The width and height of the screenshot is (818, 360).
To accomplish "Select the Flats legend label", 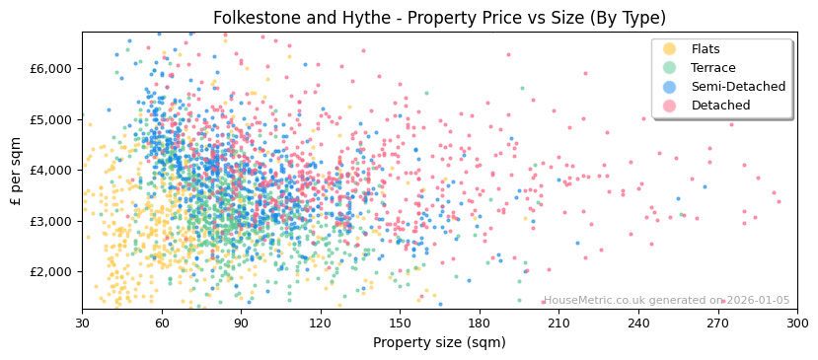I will (x=706, y=49).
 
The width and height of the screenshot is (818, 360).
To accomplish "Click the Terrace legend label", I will (x=712, y=68).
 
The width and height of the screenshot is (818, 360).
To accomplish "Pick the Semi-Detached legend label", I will (x=738, y=87).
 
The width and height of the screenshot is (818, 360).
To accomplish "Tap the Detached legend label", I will (x=720, y=106).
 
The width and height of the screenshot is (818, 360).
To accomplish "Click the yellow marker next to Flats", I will (x=670, y=49).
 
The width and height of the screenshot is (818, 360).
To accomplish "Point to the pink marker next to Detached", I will (x=670, y=106).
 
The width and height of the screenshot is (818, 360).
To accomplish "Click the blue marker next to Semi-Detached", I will (x=670, y=87).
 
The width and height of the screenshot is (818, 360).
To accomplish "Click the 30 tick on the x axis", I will (x=82, y=323).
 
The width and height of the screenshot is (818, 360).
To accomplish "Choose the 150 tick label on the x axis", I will (x=400, y=323).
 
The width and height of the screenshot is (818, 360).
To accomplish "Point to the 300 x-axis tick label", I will (x=796, y=323).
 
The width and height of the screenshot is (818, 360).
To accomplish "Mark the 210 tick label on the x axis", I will (x=558, y=323).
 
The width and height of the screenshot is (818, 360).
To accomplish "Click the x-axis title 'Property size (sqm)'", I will (x=439, y=342).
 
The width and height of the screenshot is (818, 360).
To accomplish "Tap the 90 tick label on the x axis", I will (x=241, y=323).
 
